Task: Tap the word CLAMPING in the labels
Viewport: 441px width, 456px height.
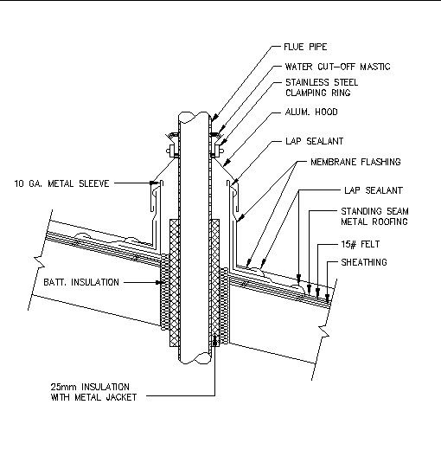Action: pos(304,93)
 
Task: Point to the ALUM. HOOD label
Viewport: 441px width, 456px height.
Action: pos(312,112)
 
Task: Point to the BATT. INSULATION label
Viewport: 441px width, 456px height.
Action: pos(82,282)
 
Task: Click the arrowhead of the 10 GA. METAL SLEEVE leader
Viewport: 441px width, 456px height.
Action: pos(155,183)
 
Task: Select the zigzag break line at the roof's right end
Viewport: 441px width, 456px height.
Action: pos(322,330)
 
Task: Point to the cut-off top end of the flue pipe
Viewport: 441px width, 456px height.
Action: pos(194,112)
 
